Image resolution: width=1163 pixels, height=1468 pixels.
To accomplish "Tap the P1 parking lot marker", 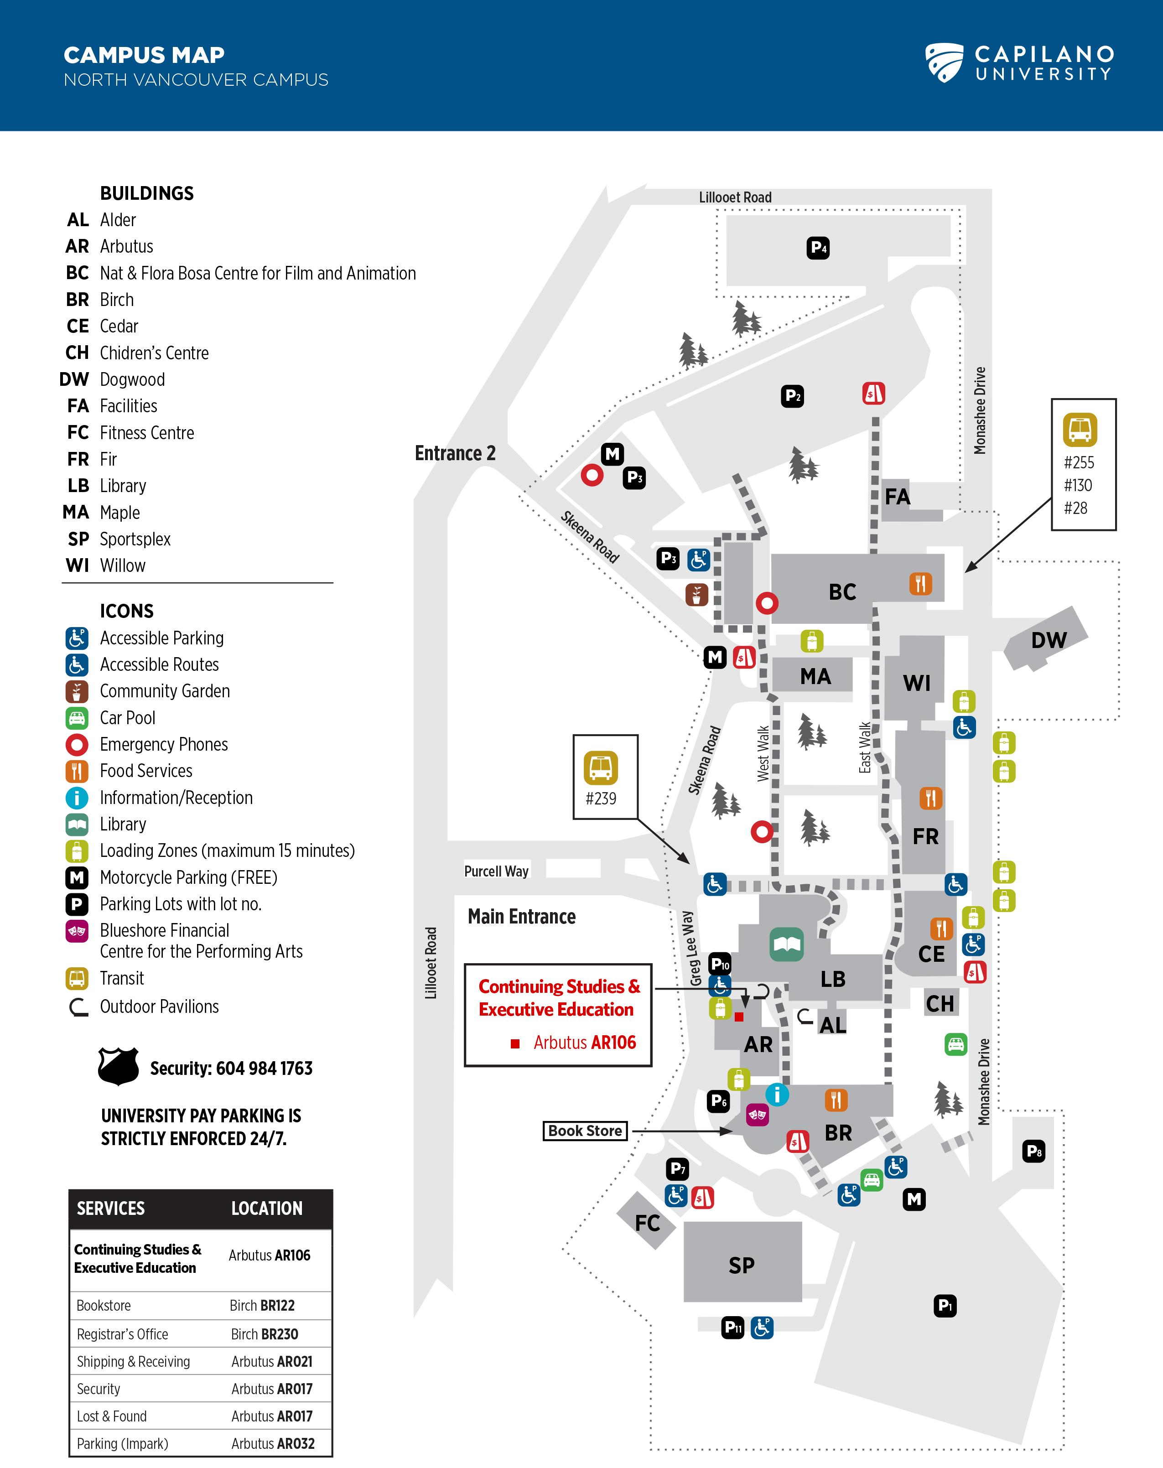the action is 945,1305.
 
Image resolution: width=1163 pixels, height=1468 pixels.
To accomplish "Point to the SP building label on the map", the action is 742,1265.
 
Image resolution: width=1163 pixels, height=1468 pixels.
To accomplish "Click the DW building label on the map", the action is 1049,640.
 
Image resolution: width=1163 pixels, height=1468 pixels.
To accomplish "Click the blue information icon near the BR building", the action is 777,1094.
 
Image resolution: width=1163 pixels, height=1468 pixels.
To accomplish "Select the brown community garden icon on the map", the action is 696,594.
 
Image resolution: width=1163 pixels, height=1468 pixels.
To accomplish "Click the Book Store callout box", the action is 585,1131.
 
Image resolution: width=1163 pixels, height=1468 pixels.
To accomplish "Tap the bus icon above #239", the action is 601,768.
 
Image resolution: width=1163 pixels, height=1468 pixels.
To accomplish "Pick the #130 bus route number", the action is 1078,486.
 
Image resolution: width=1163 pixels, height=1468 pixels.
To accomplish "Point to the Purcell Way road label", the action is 496,871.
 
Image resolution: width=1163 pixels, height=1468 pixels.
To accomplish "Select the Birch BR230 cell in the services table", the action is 264,1334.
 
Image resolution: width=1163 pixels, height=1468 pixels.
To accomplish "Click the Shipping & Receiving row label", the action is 134,1361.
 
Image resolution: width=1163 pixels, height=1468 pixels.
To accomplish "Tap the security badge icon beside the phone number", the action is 119,1066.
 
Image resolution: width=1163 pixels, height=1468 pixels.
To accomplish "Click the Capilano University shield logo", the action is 945,62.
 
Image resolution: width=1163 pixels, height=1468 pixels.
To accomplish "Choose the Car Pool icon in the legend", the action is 77,718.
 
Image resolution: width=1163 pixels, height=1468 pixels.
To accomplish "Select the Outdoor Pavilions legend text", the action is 159,1006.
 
